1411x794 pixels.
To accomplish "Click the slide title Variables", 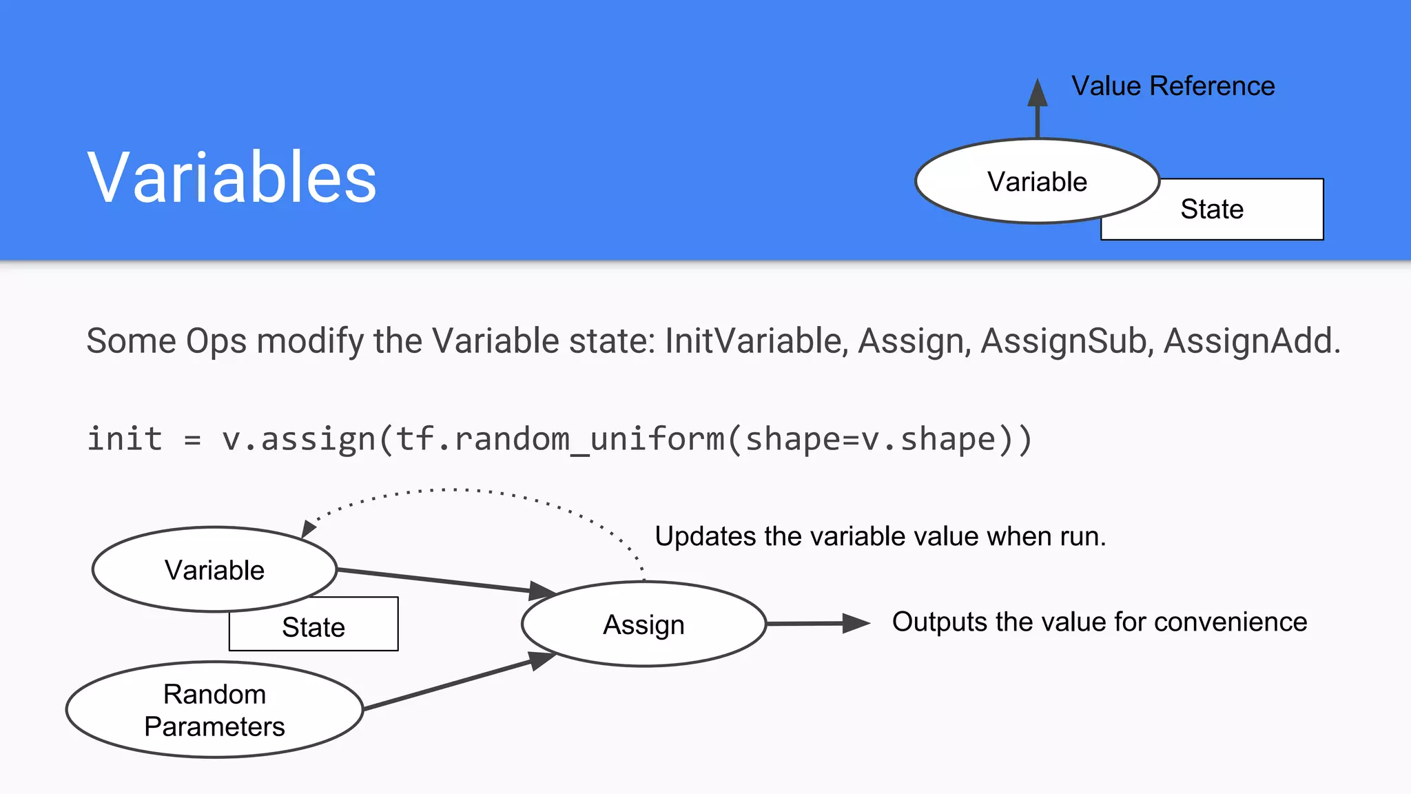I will pyautogui.click(x=231, y=178).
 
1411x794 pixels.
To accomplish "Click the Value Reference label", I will pyautogui.click(x=1173, y=86).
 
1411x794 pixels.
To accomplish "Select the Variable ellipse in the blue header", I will pyautogui.click(x=1037, y=181).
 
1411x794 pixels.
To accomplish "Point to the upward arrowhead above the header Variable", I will pyautogui.click(x=1038, y=93).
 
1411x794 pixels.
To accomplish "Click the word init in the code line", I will pyautogui.click(x=125, y=439).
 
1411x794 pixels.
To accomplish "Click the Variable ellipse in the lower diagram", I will pyautogui.click(x=214, y=569).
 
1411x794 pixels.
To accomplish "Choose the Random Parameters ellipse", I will pyautogui.click(x=214, y=710).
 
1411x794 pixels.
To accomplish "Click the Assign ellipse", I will pyautogui.click(x=643, y=624).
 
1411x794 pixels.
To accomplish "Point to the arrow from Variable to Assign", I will pyautogui.click(x=441, y=581).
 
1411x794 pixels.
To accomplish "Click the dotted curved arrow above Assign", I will pyautogui.click(x=455, y=490).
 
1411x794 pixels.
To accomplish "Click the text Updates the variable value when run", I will pyautogui.click(x=880, y=536).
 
